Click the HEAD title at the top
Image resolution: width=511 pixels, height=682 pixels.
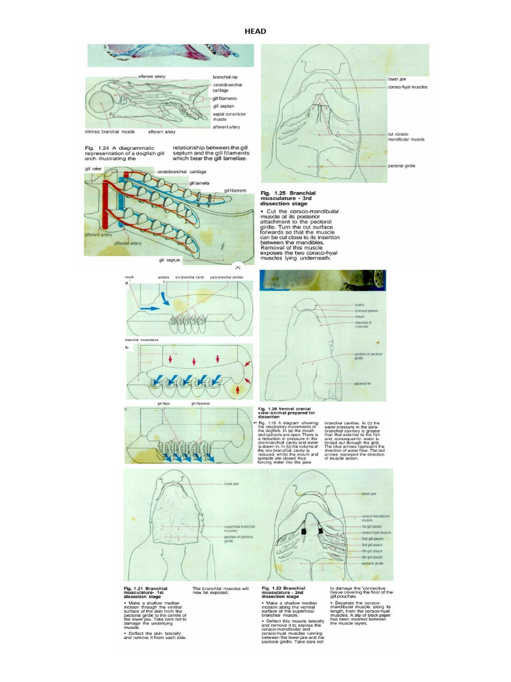click(255, 31)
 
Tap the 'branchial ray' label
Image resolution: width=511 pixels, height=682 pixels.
click(226, 77)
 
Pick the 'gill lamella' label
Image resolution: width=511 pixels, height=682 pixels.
click(199, 182)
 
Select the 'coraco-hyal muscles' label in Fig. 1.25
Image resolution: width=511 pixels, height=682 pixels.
click(408, 87)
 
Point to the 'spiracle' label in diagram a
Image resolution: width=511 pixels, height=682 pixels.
click(164, 276)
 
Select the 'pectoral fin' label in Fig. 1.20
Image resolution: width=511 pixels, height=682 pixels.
click(362, 384)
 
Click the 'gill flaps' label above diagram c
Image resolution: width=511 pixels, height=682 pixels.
click(164, 404)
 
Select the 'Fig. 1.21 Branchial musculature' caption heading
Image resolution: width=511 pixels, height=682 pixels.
click(146, 591)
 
